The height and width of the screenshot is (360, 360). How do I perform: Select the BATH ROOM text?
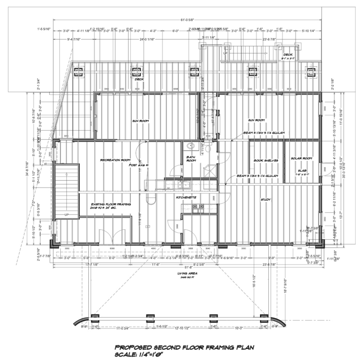coord(191,159)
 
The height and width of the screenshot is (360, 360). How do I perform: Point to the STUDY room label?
coord(266,200)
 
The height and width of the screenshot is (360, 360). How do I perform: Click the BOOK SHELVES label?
coord(266,160)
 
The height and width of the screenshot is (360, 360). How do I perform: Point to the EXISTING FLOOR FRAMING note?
coord(111,205)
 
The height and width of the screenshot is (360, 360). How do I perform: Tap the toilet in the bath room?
coord(190,146)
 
